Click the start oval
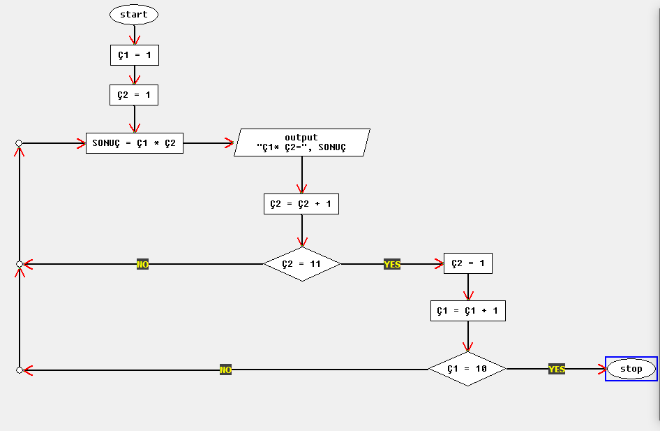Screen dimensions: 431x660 click(x=134, y=15)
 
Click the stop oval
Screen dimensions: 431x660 click(x=631, y=369)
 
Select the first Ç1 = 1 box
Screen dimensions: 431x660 click(x=134, y=55)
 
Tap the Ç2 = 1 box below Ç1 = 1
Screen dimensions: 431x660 click(x=134, y=95)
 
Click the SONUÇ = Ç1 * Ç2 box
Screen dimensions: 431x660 click(x=134, y=143)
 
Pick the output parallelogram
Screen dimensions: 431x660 click(x=301, y=143)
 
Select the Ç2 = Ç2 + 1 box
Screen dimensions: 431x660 click(x=301, y=204)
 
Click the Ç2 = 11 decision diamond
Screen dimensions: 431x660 click(x=301, y=264)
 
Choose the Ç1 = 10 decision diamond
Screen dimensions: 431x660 click(x=467, y=369)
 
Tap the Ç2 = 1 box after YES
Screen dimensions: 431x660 click(x=468, y=264)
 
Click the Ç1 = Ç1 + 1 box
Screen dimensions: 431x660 click(x=467, y=311)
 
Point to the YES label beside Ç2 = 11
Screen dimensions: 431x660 click(x=392, y=264)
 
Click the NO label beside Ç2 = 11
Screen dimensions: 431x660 click(x=142, y=264)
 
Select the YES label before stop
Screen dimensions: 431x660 click(x=557, y=369)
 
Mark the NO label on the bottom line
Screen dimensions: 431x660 click(x=225, y=370)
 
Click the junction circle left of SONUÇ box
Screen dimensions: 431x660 click(x=20, y=143)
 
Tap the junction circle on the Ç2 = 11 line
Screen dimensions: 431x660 click(x=20, y=264)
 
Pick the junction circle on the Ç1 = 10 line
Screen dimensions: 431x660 click(x=20, y=370)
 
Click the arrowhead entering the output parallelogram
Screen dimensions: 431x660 click(x=230, y=143)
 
